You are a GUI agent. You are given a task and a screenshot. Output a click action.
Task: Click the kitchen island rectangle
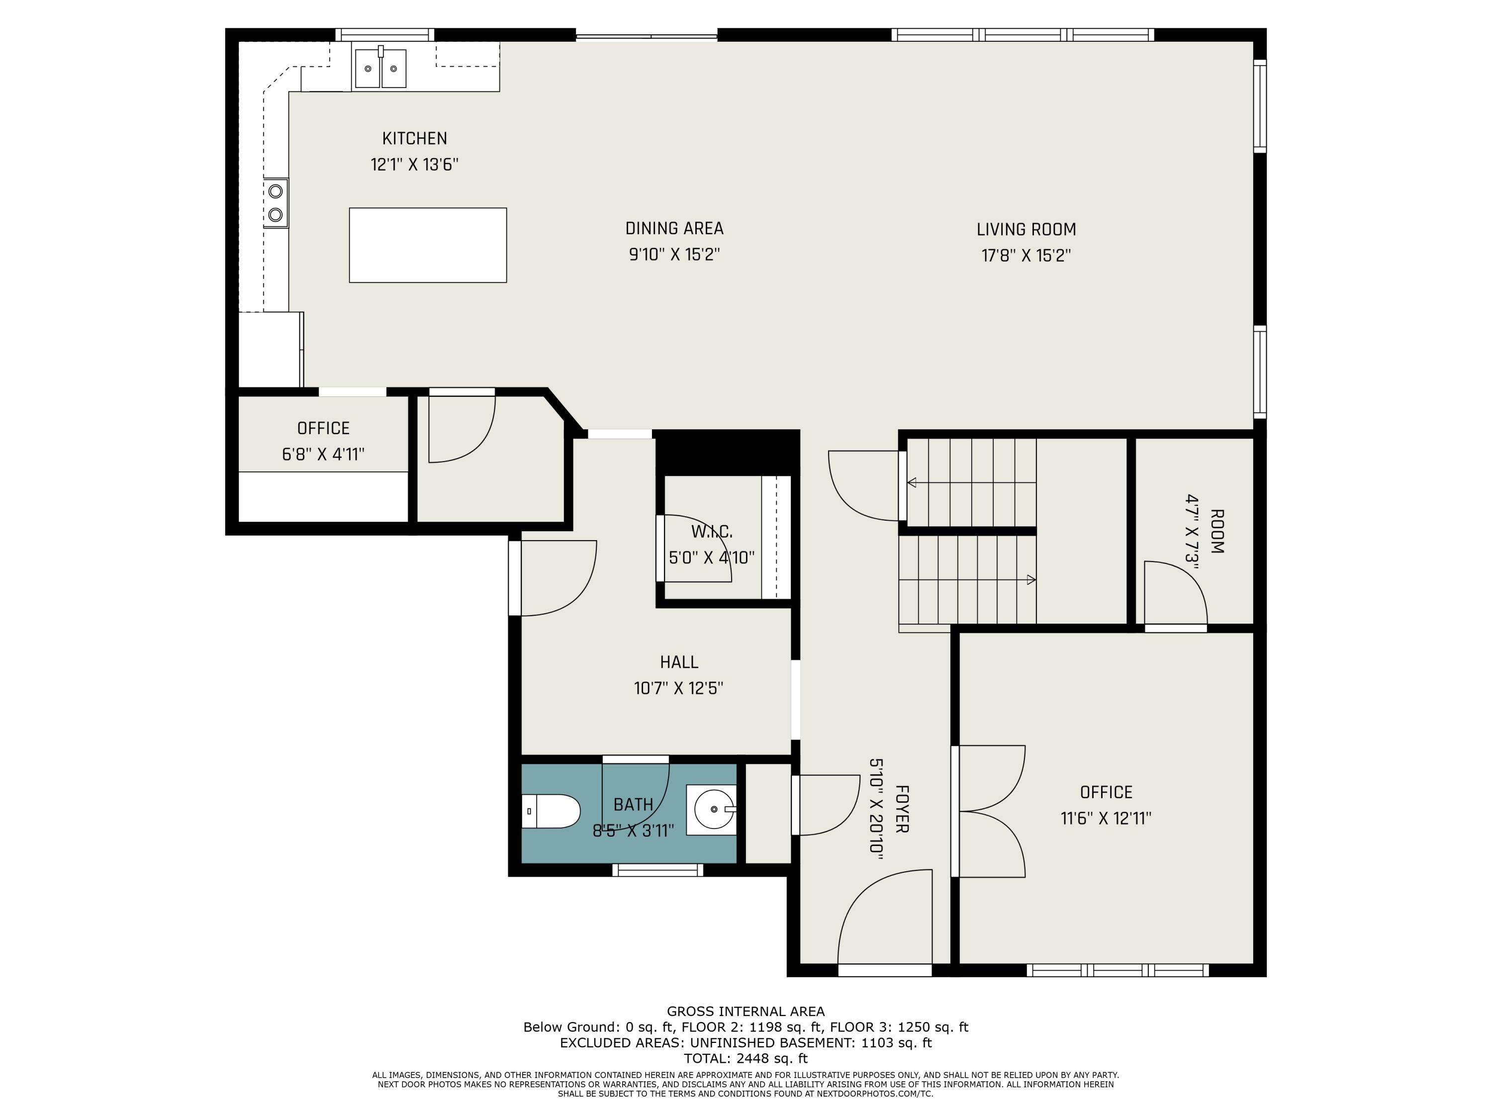click(428, 245)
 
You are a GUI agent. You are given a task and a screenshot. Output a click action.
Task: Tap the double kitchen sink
click(380, 68)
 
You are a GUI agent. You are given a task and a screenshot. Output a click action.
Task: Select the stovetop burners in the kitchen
click(275, 203)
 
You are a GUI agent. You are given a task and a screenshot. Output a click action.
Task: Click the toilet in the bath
click(552, 812)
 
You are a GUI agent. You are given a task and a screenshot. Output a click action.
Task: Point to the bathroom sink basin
click(712, 810)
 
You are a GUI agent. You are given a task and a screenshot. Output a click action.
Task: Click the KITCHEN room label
click(415, 139)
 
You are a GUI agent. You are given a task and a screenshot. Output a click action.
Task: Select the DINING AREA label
click(674, 229)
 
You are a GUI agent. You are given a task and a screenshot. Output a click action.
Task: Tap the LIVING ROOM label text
click(1026, 230)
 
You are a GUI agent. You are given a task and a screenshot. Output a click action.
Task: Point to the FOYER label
click(903, 809)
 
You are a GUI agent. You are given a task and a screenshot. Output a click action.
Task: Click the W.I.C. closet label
click(712, 532)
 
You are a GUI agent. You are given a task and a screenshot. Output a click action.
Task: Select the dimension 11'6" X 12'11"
click(1106, 819)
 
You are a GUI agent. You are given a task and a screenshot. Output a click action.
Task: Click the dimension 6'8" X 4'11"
click(323, 455)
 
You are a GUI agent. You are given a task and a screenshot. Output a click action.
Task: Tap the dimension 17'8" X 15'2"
click(1026, 256)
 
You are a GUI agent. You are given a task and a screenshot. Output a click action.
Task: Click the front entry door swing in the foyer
click(885, 917)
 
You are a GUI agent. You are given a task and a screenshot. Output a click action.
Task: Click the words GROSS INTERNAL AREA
click(746, 1012)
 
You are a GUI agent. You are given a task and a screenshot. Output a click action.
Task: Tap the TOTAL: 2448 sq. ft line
click(746, 1058)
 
